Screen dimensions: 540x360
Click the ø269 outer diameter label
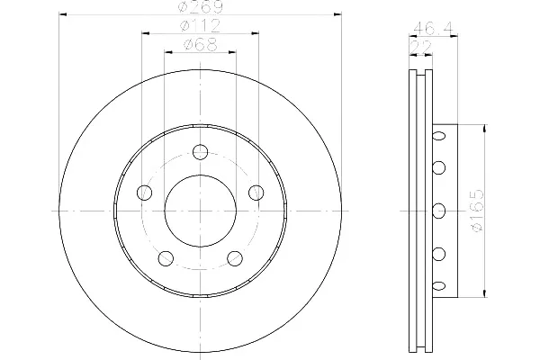click(x=201, y=7)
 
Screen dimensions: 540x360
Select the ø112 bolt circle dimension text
click(x=201, y=26)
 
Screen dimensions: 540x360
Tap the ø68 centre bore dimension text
click(x=201, y=44)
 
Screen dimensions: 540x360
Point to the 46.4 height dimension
click(x=433, y=27)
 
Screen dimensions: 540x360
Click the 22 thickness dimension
click(x=420, y=47)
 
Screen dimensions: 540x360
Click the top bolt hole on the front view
click(x=200, y=152)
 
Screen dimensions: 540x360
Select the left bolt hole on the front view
click(x=145, y=193)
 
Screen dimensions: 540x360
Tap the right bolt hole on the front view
click(x=256, y=193)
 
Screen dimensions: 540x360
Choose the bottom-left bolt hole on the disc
click(x=166, y=258)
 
